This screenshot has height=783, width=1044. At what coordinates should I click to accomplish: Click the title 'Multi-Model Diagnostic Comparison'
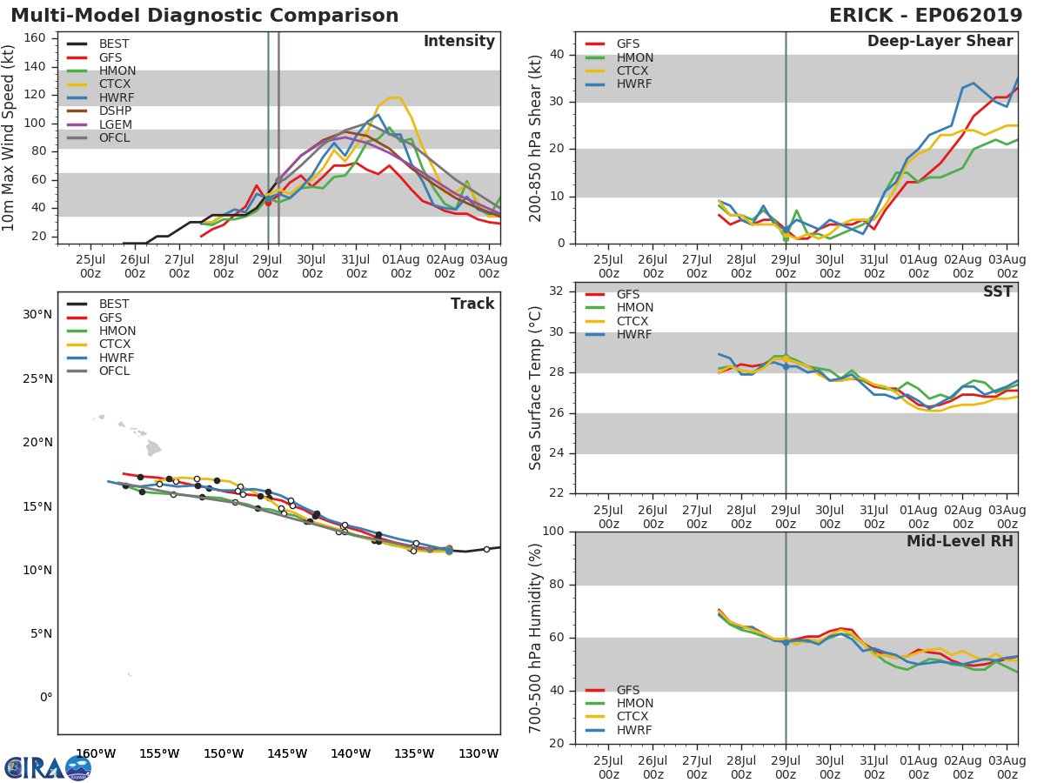[204, 16]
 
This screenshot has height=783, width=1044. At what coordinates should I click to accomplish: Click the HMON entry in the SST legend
[634, 308]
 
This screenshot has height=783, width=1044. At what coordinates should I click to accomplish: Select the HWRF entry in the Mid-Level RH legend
[634, 730]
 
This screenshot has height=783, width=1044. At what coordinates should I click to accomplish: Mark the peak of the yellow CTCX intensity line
[393, 97]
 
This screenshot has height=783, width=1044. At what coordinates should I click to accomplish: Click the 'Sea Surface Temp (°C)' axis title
[536, 388]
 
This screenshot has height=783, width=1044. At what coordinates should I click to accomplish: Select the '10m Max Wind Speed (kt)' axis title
[10, 139]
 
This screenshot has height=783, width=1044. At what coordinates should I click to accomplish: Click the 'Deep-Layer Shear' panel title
[940, 42]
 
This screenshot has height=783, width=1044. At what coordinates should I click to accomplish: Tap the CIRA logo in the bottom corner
[48, 767]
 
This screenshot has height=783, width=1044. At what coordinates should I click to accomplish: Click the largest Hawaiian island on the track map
[153, 449]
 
